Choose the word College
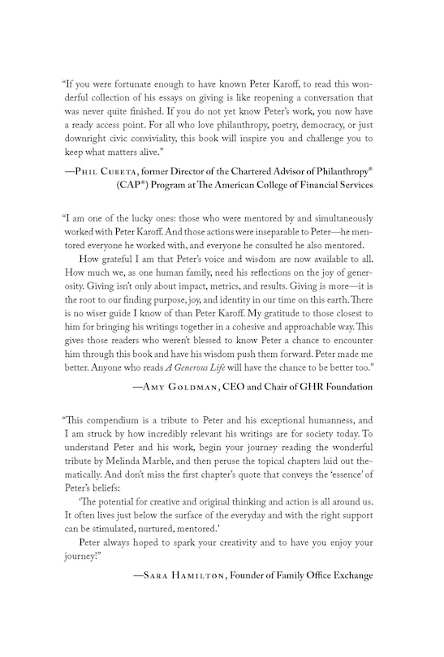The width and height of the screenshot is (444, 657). tap(282, 206)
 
